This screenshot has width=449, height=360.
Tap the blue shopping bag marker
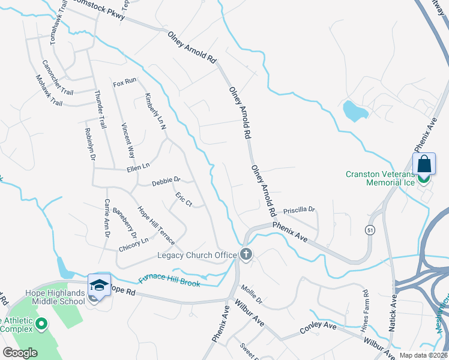[424, 164]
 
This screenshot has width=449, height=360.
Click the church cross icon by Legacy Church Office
[246, 254]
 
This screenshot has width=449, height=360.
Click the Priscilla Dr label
[299, 210]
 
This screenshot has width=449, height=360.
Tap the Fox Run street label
[125, 81]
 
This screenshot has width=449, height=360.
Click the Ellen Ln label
[137, 169]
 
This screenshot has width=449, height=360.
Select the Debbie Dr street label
[166, 181]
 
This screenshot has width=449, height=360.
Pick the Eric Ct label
[183, 200]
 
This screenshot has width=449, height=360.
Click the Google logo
[20, 353]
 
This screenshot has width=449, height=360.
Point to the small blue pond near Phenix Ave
[354, 110]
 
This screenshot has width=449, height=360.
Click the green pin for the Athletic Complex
[41, 325]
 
